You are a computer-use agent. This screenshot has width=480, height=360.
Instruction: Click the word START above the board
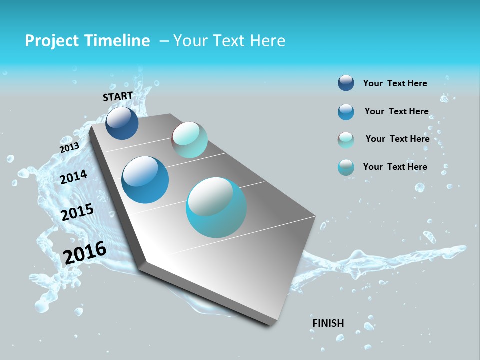(118, 96)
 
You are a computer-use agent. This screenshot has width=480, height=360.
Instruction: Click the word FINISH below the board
(328, 323)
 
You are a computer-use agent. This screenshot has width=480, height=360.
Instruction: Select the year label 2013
(69, 148)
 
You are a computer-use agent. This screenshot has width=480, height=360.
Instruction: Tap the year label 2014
(74, 177)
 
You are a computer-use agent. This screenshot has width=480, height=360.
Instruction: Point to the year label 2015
(77, 212)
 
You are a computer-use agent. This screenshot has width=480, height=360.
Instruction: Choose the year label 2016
(85, 253)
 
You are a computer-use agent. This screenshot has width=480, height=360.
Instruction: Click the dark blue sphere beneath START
(122, 123)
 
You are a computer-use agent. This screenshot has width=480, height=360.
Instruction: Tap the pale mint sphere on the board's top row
(189, 140)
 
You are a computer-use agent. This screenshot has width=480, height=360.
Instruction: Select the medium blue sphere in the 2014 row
(145, 180)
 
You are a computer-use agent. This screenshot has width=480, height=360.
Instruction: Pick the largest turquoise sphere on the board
(216, 207)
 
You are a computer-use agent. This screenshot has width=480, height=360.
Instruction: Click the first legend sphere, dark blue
(346, 83)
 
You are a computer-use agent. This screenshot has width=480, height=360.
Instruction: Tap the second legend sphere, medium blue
(346, 112)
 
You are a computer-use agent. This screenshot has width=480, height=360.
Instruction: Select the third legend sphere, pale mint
(346, 140)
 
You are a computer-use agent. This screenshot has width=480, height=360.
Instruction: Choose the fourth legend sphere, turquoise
(346, 167)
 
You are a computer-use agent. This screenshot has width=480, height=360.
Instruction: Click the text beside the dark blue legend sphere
(395, 83)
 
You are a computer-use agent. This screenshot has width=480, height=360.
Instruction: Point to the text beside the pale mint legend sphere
(397, 139)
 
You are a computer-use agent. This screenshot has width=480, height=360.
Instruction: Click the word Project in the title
(52, 41)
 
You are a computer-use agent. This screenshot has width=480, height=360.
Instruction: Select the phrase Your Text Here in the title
(229, 41)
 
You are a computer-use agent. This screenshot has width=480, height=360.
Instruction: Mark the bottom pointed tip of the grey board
(272, 325)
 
